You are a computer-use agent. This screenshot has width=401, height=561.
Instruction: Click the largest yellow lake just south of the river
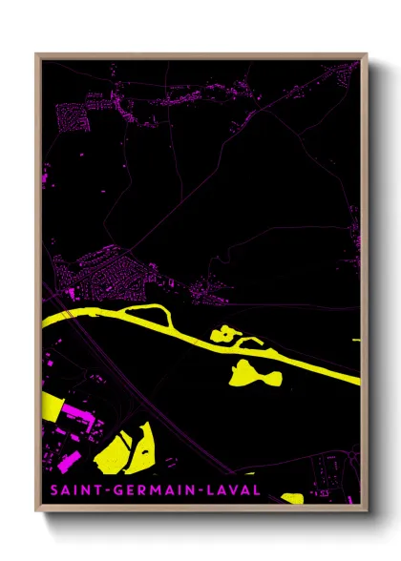[x=258, y=373]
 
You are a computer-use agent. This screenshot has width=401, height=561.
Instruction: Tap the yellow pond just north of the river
[x=225, y=334]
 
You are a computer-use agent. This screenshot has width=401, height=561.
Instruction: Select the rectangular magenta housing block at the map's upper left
[x=72, y=118]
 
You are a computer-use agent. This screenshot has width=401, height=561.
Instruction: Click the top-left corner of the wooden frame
[x=36, y=54]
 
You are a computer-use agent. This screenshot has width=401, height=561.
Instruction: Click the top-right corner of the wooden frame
[x=367, y=54]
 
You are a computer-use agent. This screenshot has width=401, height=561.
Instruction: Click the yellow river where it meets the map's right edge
[x=357, y=381]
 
